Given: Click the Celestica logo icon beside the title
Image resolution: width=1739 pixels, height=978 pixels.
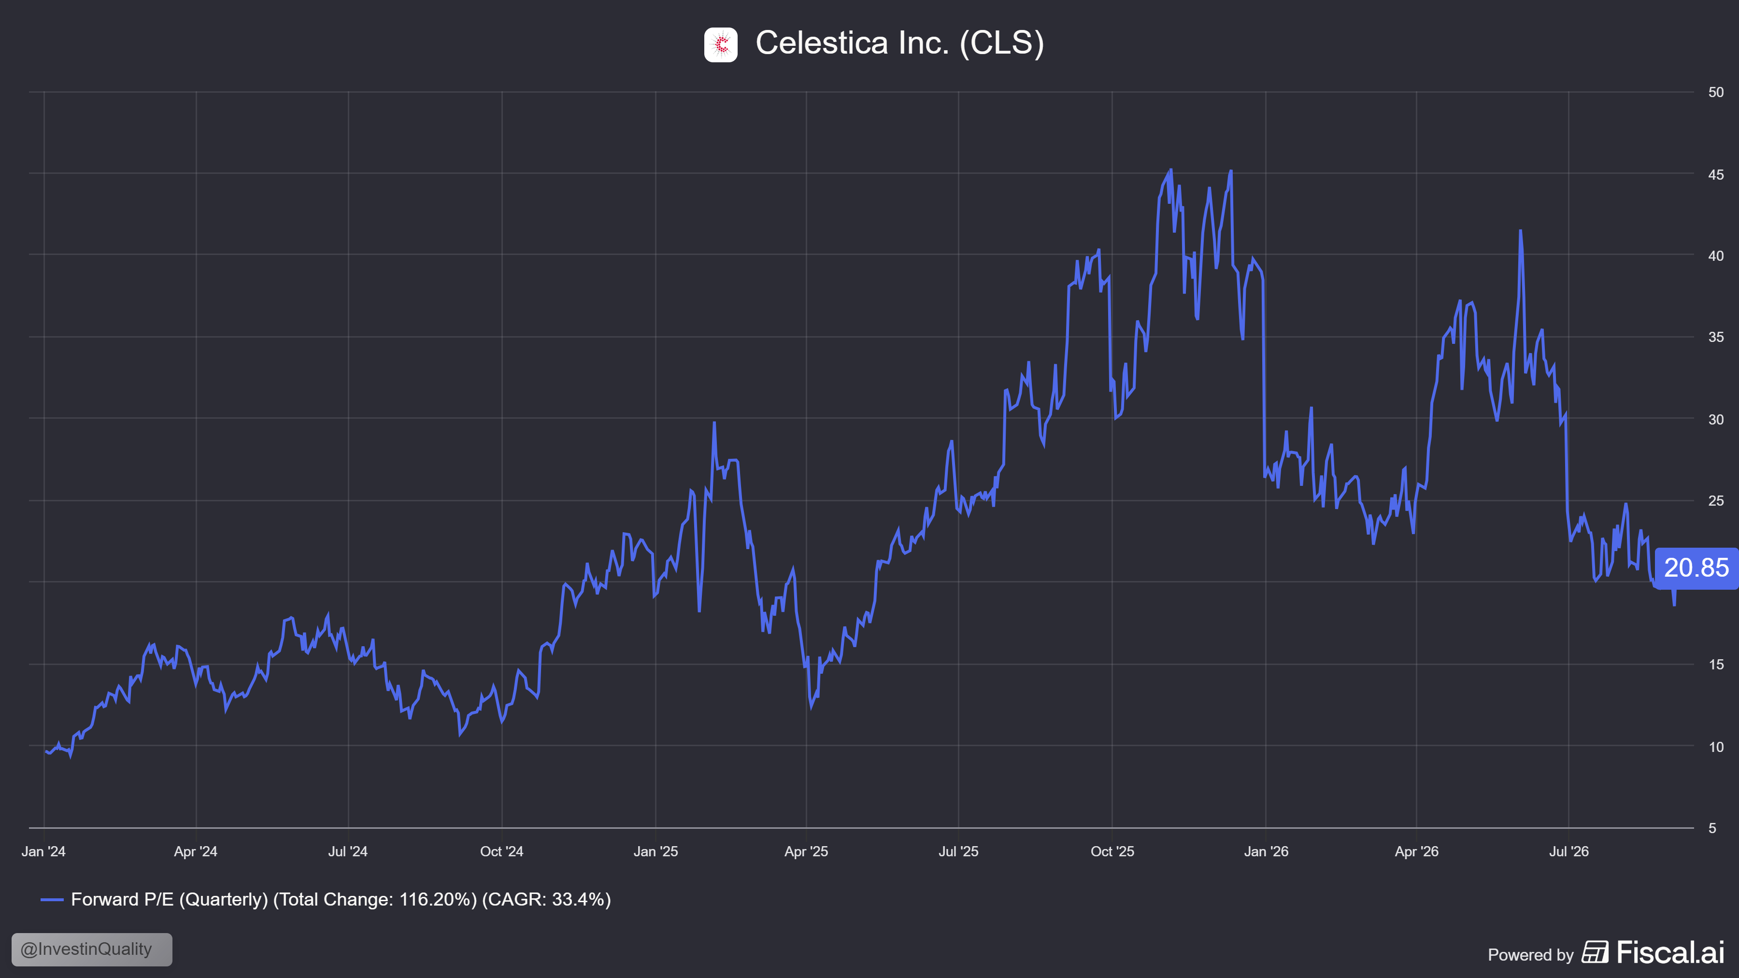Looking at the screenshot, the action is (x=720, y=44).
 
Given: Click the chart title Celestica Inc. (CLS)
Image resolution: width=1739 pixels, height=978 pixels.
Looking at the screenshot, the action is (x=900, y=43).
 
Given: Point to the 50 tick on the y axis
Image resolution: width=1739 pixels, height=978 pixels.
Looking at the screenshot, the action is (x=1715, y=92).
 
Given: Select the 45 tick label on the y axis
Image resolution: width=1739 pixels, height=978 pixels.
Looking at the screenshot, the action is (x=1715, y=174).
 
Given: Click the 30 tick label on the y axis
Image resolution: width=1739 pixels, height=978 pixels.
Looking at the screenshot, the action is (x=1715, y=419).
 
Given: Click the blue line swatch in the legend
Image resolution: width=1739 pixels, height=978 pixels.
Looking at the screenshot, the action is (x=52, y=900).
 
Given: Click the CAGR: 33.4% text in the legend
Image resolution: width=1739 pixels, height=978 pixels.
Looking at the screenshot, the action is (x=546, y=900).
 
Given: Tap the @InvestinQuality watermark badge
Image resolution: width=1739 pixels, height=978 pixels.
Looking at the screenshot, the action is (x=92, y=949).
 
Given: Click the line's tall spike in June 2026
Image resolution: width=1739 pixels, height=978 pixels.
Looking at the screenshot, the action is (x=1520, y=231).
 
